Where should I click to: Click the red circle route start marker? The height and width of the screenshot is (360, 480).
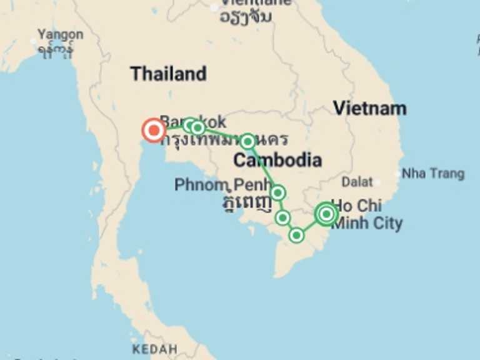click(x=153, y=130)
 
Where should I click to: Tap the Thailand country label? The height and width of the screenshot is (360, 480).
click(x=168, y=74)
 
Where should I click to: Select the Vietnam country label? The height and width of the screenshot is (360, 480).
click(x=369, y=108)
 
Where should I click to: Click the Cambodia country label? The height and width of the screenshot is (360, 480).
click(x=277, y=161)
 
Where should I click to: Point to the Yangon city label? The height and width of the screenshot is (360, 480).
click(x=60, y=34)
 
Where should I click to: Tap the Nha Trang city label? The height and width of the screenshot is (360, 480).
click(x=433, y=173)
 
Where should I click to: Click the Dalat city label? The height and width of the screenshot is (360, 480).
click(x=357, y=182)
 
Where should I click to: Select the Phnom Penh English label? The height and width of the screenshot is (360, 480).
click(x=209, y=185)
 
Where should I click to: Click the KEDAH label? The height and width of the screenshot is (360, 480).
click(x=155, y=349)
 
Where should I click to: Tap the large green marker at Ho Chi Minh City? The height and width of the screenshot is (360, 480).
click(x=326, y=214)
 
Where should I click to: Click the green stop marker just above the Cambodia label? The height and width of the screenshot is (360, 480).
click(x=247, y=141)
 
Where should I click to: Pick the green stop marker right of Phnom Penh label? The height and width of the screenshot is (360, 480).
click(x=278, y=192)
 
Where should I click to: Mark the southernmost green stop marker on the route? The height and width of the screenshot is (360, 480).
click(x=297, y=235)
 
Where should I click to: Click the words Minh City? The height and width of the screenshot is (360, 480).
click(x=367, y=223)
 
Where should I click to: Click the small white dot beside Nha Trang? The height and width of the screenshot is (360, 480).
click(x=399, y=174)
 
